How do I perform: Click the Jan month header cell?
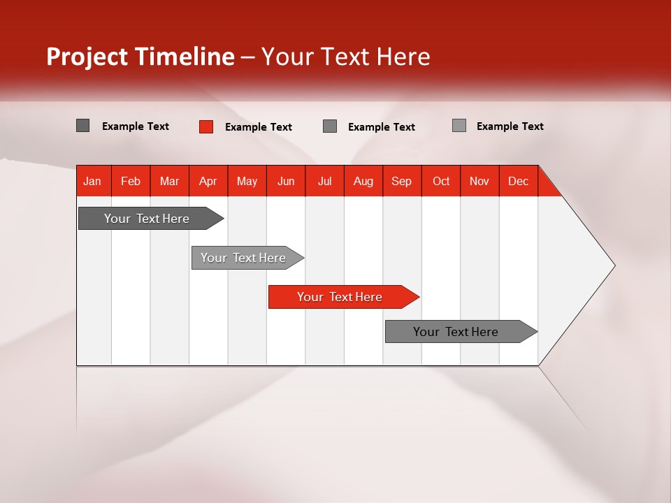(93, 181)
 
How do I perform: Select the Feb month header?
(131, 181)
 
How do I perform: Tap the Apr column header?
(208, 181)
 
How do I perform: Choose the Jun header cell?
(286, 181)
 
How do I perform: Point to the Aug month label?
(363, 181)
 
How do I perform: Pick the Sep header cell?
(401, 181)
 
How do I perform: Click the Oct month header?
(441, 181)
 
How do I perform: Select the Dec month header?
(518, 181)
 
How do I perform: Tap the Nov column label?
(479, 181)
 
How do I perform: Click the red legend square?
(205, 126)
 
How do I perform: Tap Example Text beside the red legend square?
(258, 127)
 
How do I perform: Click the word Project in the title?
(87, 57)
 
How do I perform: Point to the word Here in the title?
(403, 57)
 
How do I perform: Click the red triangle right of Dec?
(547, 187)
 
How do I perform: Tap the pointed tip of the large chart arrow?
(613, 265)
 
